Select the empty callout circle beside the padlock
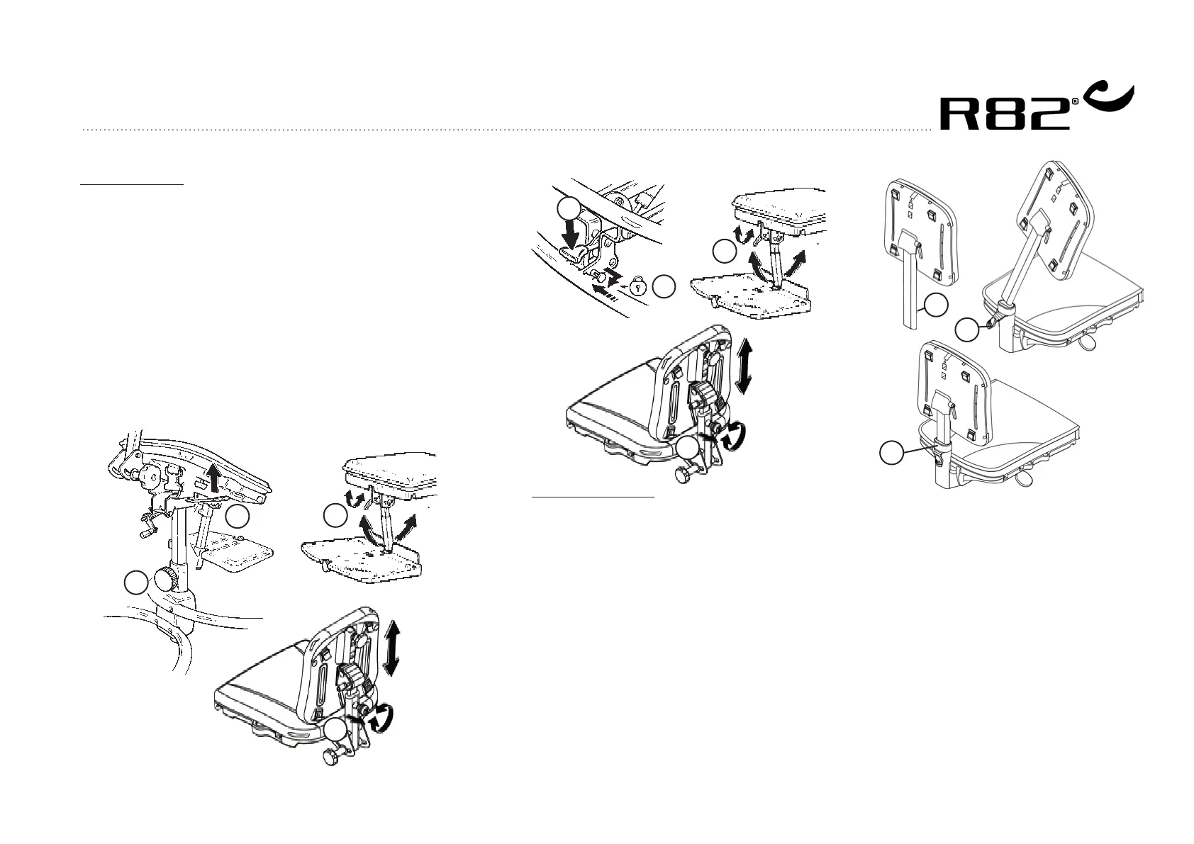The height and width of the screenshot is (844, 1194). pos(664,287)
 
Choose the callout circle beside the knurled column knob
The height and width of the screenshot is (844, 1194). pos(135,583)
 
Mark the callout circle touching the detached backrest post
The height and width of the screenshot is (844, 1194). pos(937,305)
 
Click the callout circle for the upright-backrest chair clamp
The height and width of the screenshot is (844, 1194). pos(892,453)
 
